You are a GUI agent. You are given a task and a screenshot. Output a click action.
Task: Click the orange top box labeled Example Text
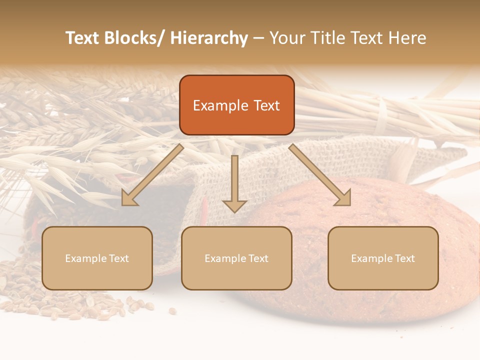click(x=236, y=105)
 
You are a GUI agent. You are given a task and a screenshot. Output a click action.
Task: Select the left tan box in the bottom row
click(x=97, y=258)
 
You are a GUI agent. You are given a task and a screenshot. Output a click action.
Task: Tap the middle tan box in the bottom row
click(x=236, y=258)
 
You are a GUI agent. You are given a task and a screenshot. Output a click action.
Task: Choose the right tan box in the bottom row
click(x=383, y=258)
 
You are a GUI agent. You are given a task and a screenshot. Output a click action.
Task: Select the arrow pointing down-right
click(x=320, y=175)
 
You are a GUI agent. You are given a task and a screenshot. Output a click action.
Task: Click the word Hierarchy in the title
click(x=209, y=38)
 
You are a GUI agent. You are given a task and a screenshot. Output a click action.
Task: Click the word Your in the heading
click(x=285, y=38)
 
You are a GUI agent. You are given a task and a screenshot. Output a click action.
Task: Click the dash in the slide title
click(x=258, y=38)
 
